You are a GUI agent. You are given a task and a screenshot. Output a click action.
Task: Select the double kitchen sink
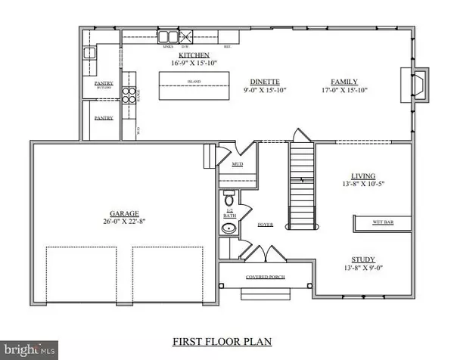coord(167,36)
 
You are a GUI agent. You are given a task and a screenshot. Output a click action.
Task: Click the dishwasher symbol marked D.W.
coord(185,36)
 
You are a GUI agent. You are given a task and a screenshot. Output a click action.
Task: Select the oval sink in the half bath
coord(227,228)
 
